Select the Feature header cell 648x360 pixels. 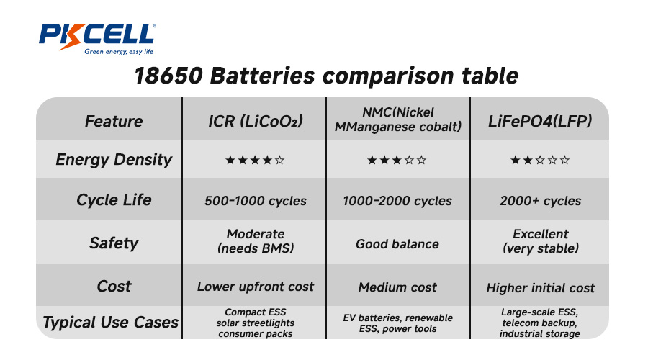(114, 121)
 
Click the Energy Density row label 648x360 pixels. (114, 160)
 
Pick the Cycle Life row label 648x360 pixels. (114, 200)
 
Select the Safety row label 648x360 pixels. (114, 243)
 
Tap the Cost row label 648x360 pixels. (114, 286)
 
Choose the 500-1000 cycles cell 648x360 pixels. (255, 201)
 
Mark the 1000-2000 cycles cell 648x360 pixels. (397, 201)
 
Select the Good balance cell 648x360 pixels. (397, 244)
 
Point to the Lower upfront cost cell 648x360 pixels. (256, 287)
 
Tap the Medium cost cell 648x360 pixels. (397, 287)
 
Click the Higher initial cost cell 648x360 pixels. (541, 288)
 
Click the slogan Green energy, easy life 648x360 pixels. (119, 52)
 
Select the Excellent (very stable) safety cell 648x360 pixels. (541, 241)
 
